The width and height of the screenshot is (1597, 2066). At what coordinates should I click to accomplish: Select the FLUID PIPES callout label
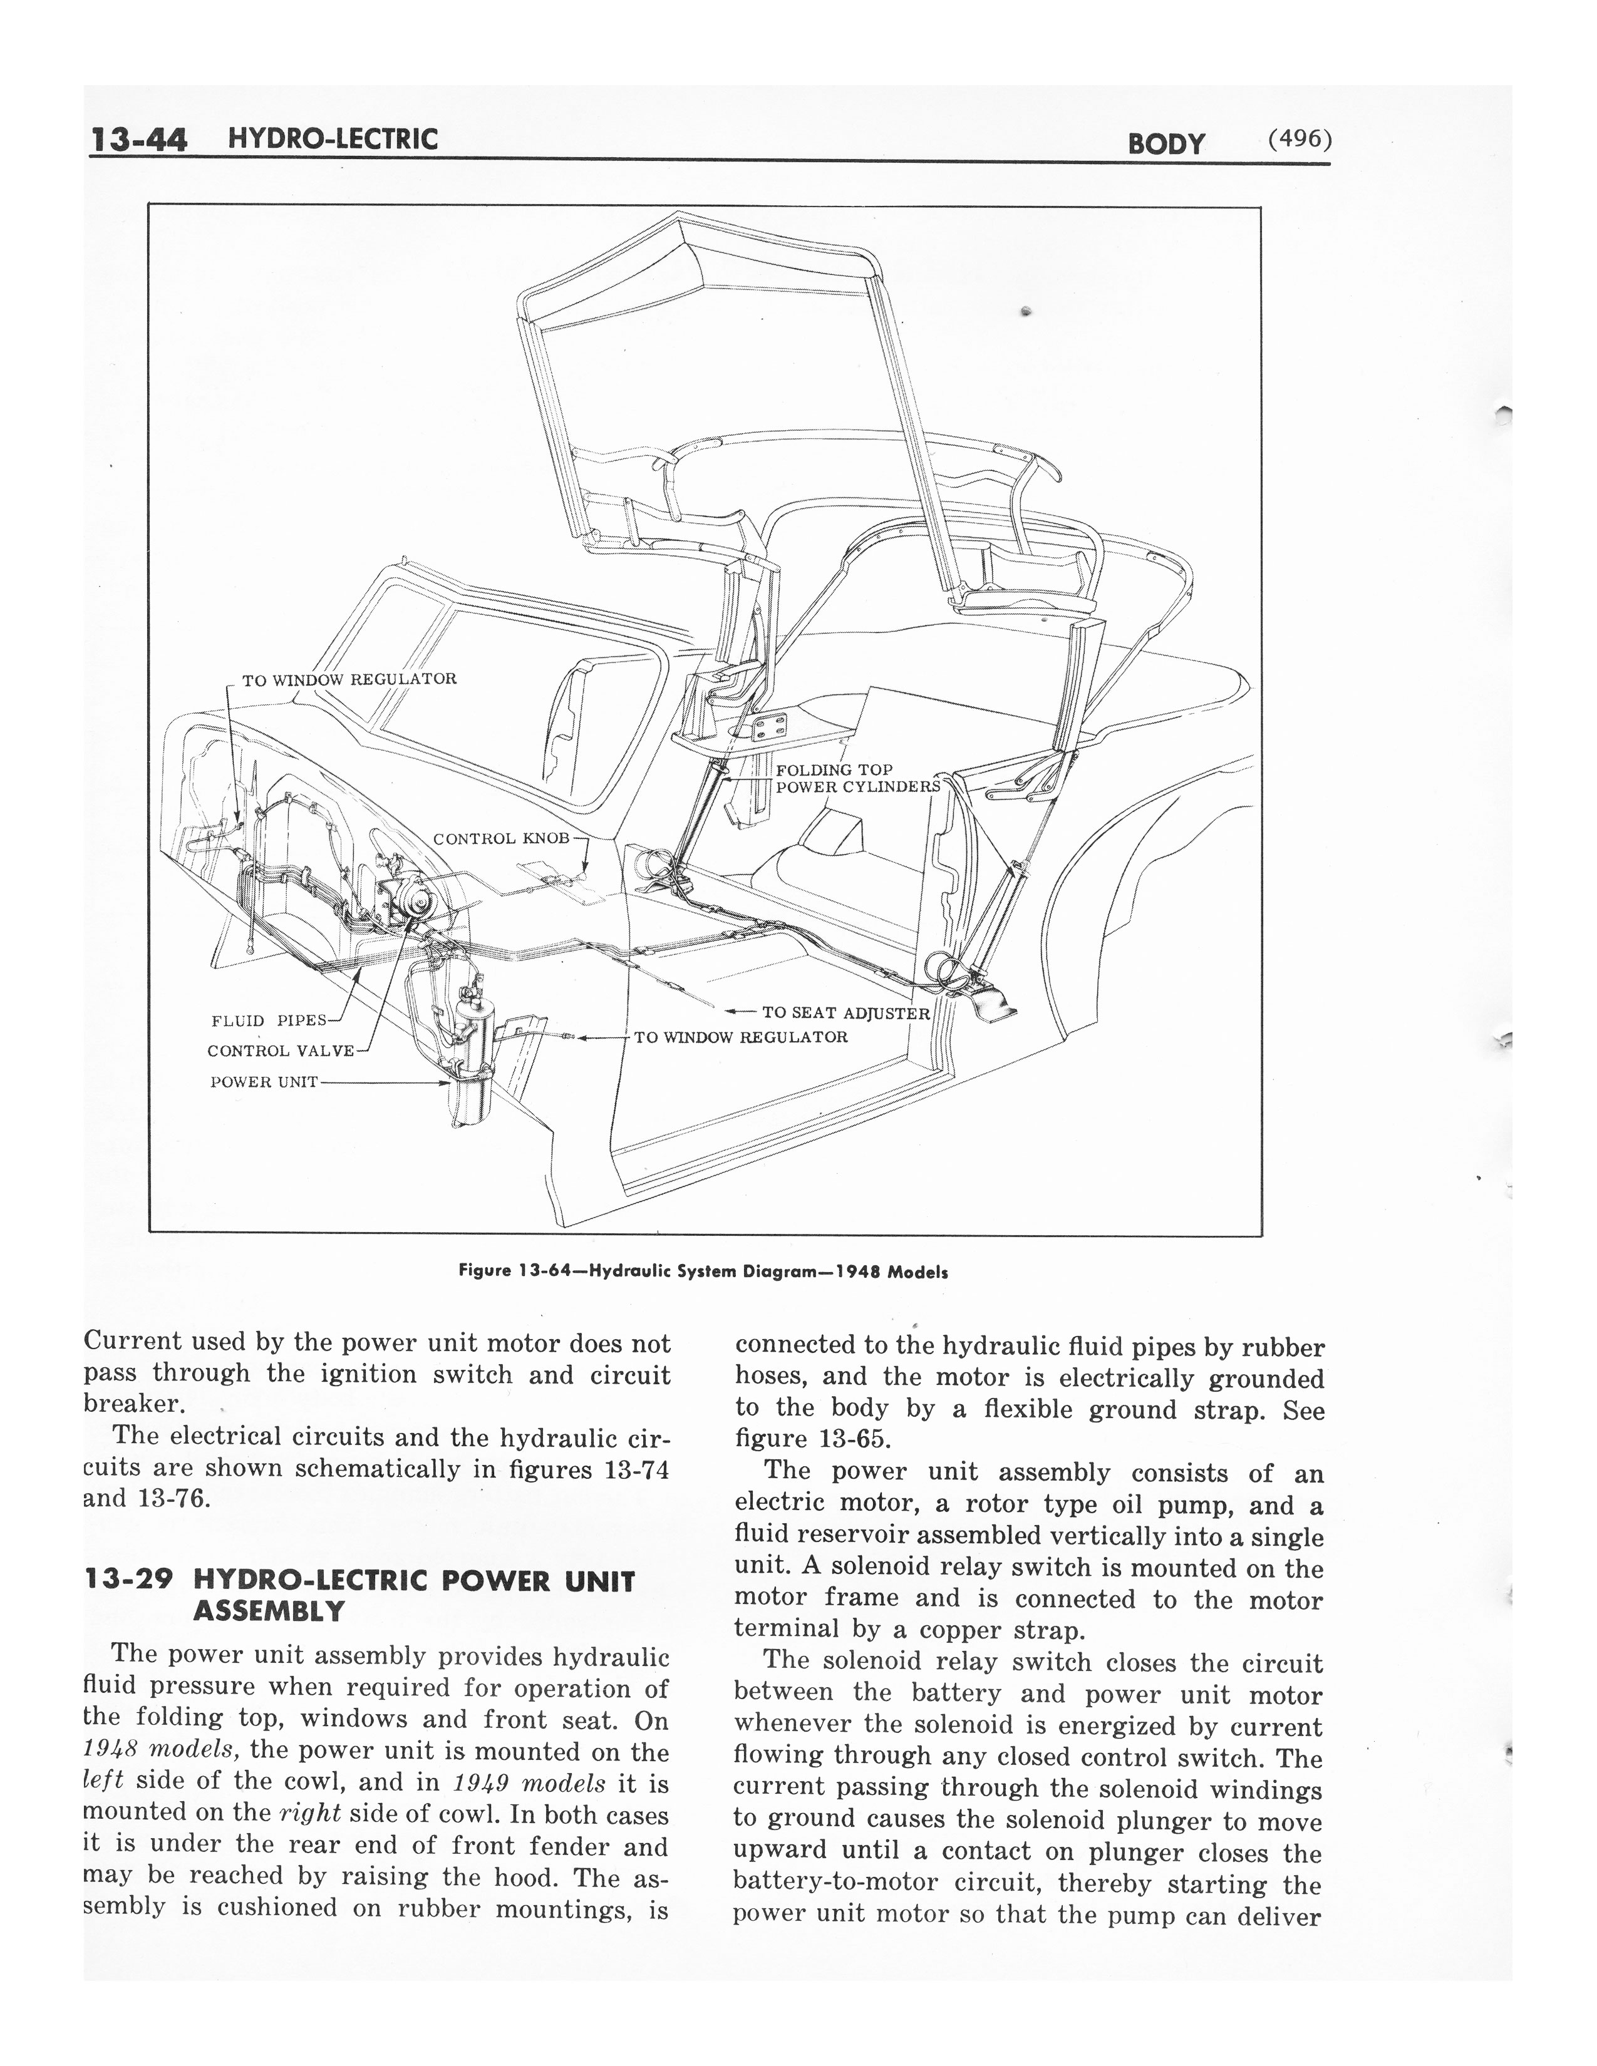coord(269,1020)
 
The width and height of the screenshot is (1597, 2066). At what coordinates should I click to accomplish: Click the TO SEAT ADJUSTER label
coord(847,1012)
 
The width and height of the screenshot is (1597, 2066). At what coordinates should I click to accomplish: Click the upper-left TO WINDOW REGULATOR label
coord(349,679)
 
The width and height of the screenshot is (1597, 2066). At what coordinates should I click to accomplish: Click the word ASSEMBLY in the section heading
coord(269,1610)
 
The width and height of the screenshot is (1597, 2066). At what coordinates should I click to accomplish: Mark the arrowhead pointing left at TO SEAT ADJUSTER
coord(731,1012)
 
